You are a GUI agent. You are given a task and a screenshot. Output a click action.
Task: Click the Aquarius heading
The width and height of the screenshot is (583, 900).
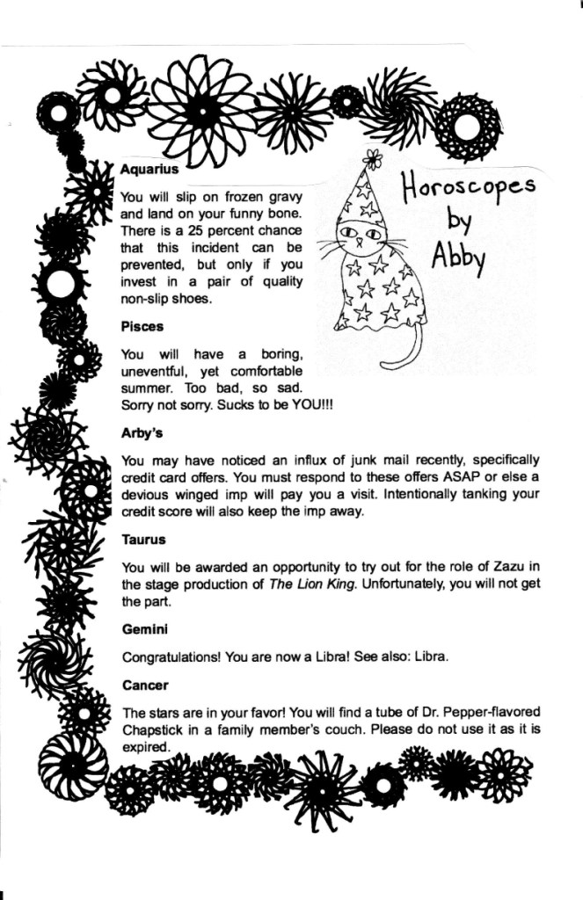point(149,168)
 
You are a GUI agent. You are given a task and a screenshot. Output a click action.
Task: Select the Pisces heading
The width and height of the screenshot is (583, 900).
point(142,326)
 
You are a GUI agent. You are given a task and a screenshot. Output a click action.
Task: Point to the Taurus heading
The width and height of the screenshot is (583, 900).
point(143,539)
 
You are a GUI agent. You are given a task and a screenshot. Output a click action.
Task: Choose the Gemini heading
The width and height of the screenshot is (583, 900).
point(145,629)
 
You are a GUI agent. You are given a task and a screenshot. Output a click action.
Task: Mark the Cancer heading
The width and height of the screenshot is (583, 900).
point(144,684)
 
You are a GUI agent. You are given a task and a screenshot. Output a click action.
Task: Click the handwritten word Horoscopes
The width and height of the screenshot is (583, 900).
point(469,187)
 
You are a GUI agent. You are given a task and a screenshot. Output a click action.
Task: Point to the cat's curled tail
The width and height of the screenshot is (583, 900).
point(406,352)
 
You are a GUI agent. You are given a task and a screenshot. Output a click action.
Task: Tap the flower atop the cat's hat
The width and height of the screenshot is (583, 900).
point(374,159)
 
